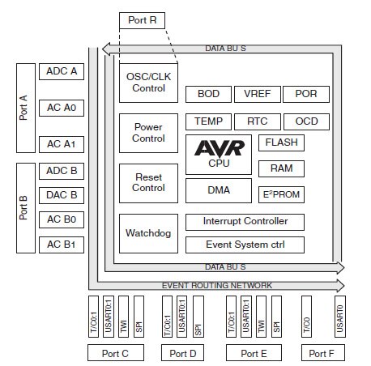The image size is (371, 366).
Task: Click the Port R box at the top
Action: coord(143,20)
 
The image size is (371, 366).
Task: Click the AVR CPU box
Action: coord(219,155)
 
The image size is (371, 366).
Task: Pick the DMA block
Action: coord(219,191)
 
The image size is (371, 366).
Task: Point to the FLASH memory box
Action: coord(281,143)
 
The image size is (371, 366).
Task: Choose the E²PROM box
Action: coord(281,194)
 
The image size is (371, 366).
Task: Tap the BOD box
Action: coord(208,95)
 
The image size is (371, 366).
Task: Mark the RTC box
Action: coord(257,121)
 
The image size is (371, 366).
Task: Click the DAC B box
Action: coord(62,195)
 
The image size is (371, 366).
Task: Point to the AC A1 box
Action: coord(62,144)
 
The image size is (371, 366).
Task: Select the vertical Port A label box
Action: coord(24,108)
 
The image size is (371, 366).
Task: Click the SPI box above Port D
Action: coord(197,317)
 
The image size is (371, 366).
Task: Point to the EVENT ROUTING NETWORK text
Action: coord(217,285)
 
